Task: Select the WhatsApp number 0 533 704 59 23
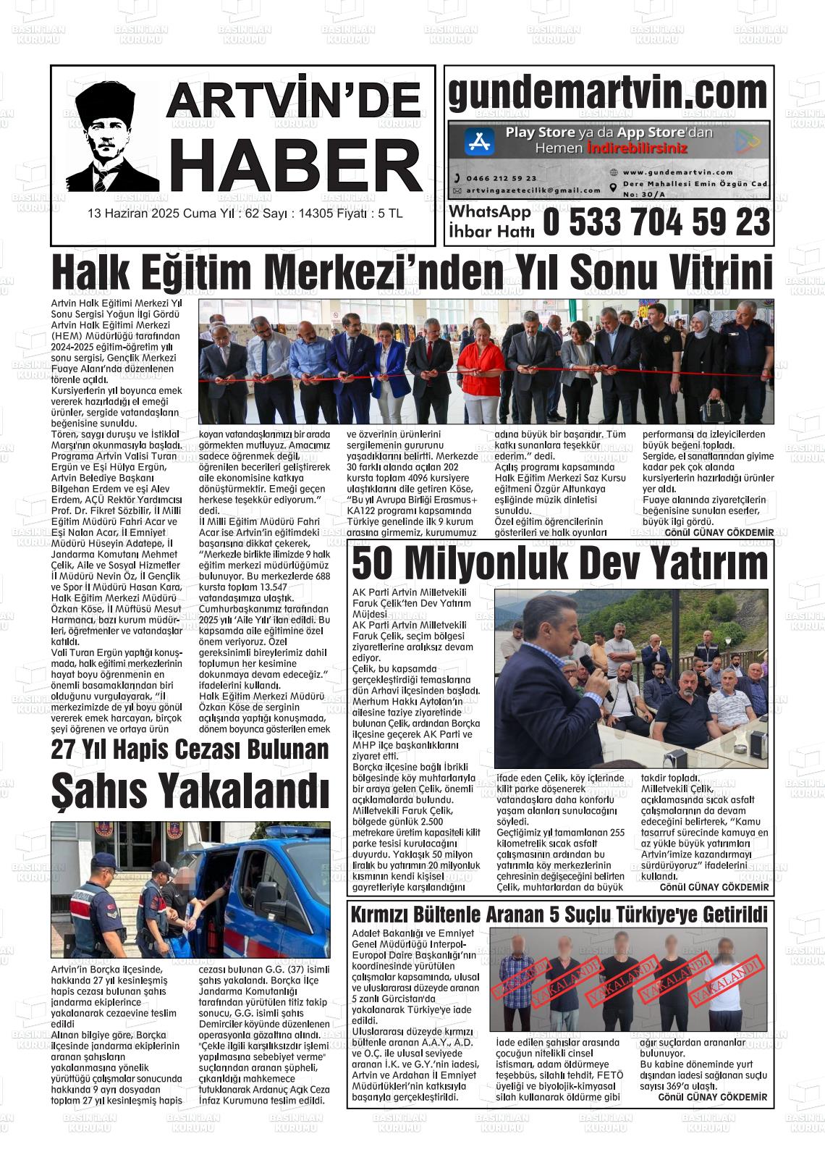click(656, 222)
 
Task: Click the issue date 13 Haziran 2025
click(133, 214)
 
